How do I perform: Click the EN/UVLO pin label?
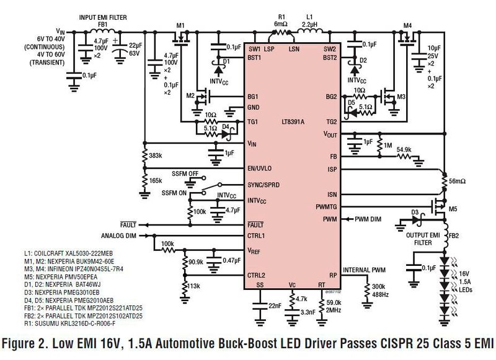click(x=259, y=168)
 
